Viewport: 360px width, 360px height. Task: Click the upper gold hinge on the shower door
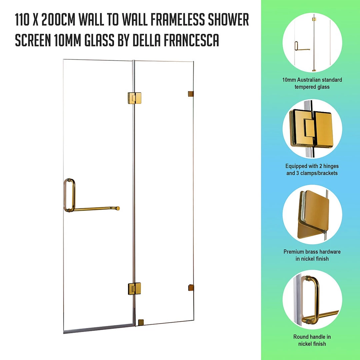pyautogui.click(x=134, y=98)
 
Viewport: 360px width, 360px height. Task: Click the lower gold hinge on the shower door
pyautogui.click(x=134, y=289)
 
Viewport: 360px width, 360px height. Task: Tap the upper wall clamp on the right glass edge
pyautogui.click(x=191, y=94)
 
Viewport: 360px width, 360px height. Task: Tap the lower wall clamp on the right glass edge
pyautogui.click(x=191, y=287)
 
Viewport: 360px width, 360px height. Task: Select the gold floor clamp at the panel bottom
pyautogui.click(x=141, y=322)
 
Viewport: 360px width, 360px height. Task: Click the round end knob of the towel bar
pyautogui.click(x=118, y=208)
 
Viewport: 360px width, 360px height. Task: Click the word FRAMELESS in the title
pyautogui.click(x=177, y=20)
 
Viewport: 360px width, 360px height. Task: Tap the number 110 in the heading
pyautogui.click(x=22, y=20)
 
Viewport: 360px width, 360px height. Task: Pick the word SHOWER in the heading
pyautogui.click(x=228, y=20)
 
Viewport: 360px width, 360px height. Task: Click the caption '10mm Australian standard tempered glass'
pyautogui.click(x=312, y=83)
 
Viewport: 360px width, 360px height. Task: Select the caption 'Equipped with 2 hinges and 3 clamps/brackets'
pyautogui.click(x=312, y=169)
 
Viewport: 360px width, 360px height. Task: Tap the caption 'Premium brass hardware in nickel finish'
pyautogui.click(x=312, y=255)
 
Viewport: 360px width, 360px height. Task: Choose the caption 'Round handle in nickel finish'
pyautogui.click(x=312, y=340)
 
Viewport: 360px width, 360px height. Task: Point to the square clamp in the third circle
pyautogui.click(x=313, y=214)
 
